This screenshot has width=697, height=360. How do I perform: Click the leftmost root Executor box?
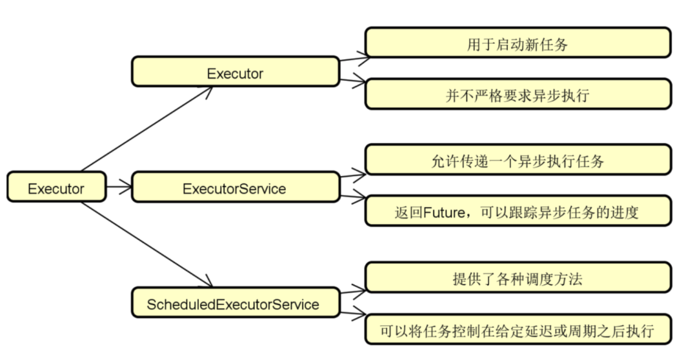click(56, 189)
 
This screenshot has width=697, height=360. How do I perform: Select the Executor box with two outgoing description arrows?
click(235, 73)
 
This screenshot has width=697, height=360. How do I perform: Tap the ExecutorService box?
click(235, 188)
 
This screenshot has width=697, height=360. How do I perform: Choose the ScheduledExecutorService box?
click(235, 304)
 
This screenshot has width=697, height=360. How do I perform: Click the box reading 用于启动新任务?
click(518, 45)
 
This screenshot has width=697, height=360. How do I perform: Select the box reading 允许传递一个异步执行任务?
click(518, 161)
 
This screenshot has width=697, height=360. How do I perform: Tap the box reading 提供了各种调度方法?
click(518, 279)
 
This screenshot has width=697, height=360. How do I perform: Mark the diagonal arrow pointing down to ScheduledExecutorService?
click(147, 245)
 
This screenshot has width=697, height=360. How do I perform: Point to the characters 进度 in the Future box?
click(625, 212)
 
